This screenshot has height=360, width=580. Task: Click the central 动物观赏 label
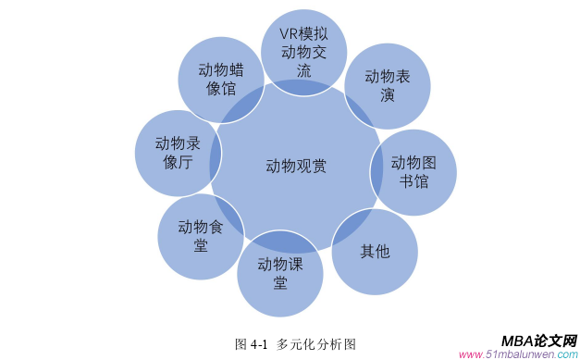click(296, 167)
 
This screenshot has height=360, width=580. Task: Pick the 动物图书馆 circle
click(413, 172)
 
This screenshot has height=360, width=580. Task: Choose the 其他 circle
click(375, 251)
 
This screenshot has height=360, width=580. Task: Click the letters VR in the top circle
click(290, 33)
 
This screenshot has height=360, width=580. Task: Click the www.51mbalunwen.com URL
click(518, 354)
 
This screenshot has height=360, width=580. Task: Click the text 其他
click(375, 251)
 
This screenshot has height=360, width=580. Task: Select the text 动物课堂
click(279, 272)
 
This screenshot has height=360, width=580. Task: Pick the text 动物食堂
click(201, 236)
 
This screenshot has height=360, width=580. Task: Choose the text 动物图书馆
click(413, 172)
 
